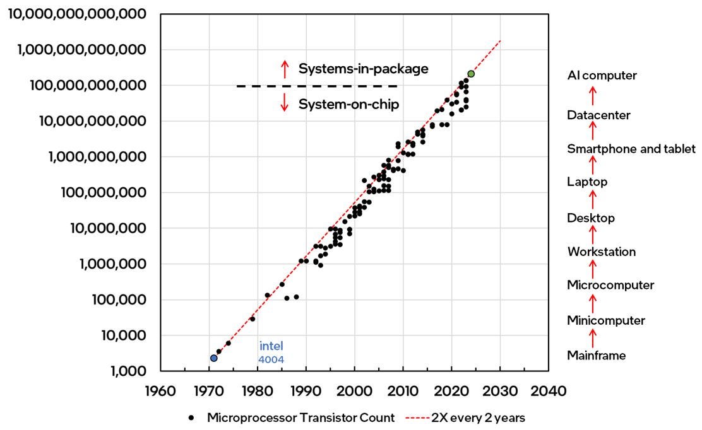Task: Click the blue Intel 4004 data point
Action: click(214, 358)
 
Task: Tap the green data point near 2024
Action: click(471, 74)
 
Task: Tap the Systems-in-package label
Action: click(363, 69)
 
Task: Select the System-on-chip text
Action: click(348, 104)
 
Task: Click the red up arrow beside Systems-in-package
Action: click(285, 69)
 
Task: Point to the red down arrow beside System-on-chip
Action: click(285, 103)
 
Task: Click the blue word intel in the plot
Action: click(271, 346)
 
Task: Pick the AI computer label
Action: click(602, 76)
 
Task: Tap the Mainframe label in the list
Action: click(596, 356)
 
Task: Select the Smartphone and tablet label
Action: click(631, 149)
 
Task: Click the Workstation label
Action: click(601, 252)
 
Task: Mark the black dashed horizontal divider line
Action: click(317, 86)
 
